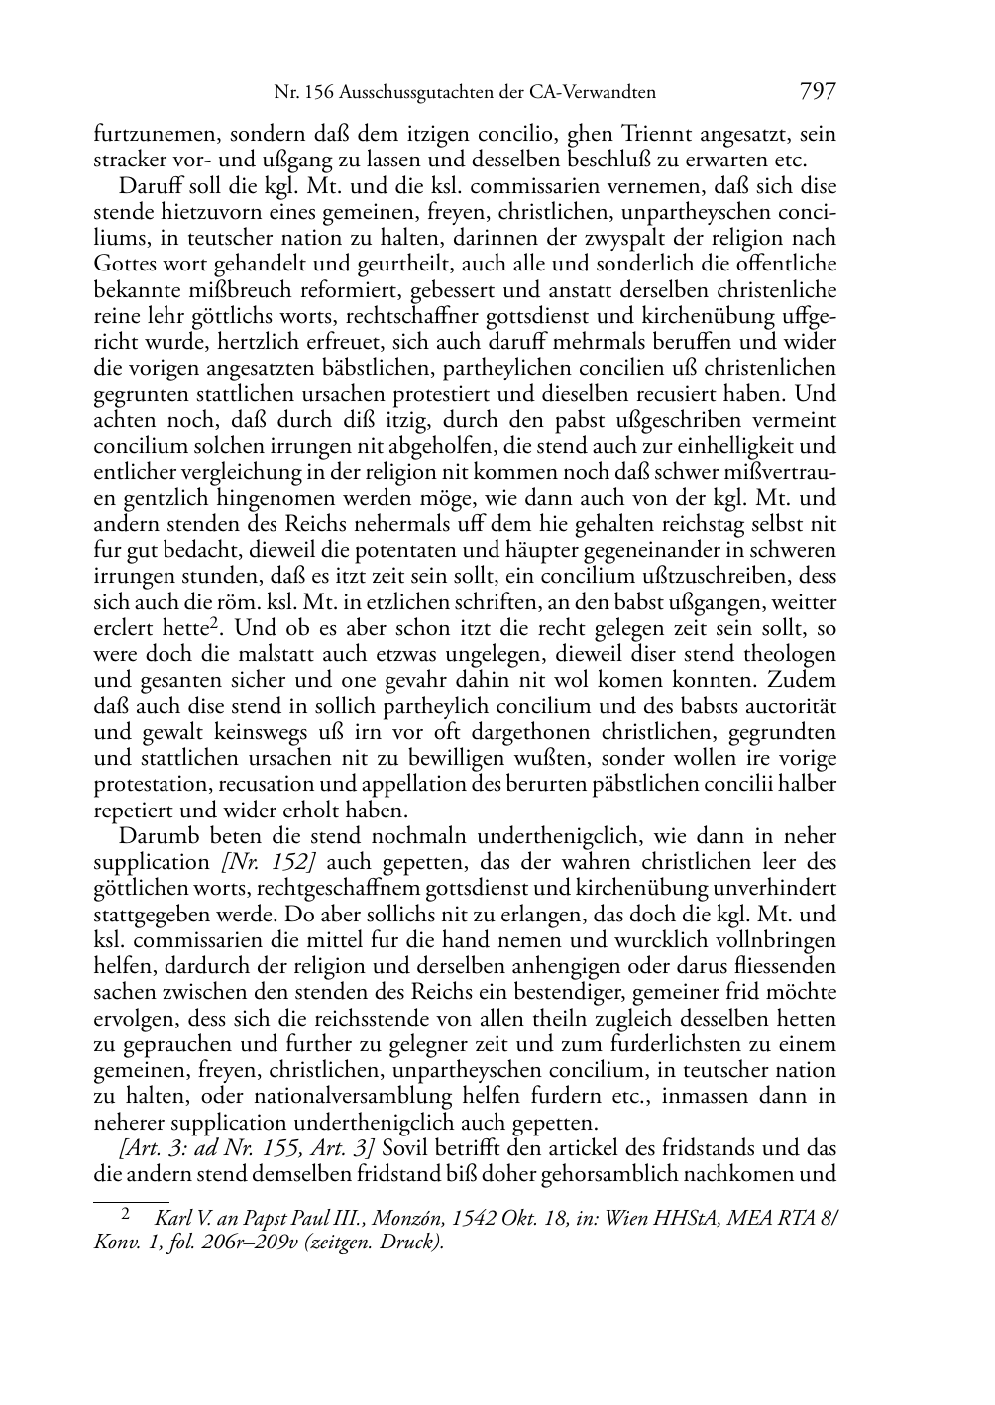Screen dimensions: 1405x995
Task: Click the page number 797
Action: coord(817,92)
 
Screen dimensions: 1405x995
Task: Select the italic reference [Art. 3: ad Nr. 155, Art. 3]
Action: coord(246,1149)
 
